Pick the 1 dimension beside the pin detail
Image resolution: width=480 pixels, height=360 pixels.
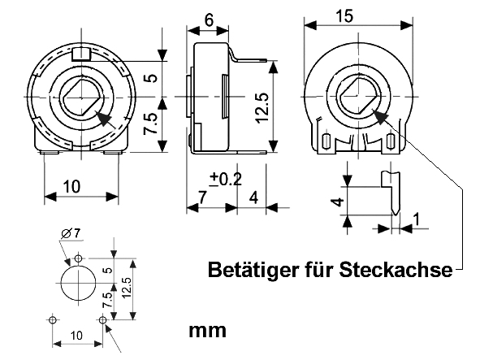coord(416,218)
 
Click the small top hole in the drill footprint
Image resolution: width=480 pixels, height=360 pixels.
coord(78,258)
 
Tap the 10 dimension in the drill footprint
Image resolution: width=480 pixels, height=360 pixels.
coord(76,335)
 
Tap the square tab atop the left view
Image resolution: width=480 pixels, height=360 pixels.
coord(80,55)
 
